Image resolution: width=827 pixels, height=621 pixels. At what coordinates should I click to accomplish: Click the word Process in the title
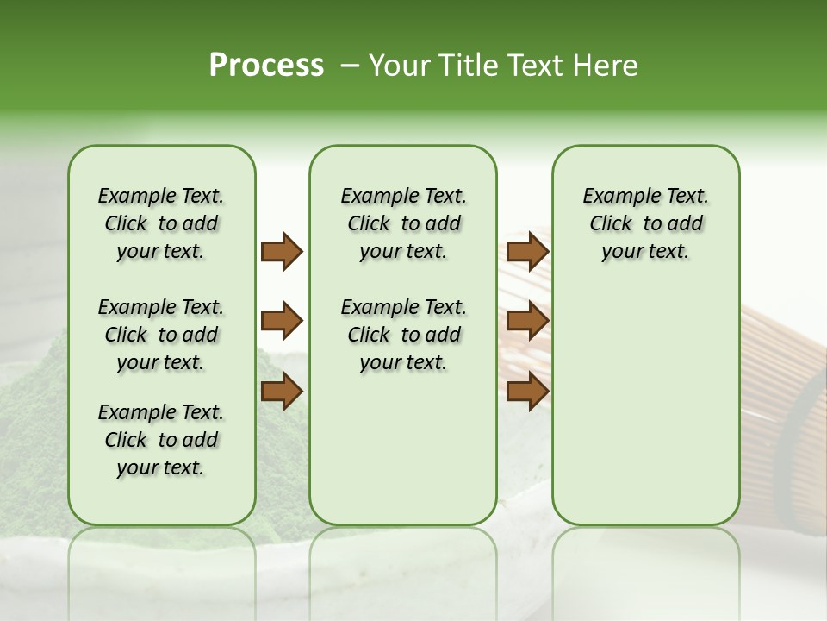(266, 66)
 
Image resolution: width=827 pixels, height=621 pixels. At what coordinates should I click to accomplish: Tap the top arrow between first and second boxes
(282, 252)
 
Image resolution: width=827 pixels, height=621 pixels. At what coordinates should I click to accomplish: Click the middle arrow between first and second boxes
(282, 322)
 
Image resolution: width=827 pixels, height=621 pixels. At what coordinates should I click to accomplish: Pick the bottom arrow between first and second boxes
(282, 392)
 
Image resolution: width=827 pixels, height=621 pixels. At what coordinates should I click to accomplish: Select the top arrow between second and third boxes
(527, 252)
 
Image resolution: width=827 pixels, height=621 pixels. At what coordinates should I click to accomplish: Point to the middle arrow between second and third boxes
(527, 322)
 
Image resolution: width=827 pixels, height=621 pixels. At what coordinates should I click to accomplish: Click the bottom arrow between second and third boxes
(527, 392)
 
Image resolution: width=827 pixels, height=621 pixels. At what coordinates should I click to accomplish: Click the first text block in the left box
(161, 223)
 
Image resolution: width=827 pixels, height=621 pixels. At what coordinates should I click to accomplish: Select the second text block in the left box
(161, 335)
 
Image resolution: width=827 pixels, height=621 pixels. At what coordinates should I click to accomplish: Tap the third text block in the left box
(161, 440)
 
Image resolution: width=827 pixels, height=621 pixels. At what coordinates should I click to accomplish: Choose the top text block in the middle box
(403, 223)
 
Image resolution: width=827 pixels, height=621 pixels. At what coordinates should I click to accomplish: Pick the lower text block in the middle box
(403, 335)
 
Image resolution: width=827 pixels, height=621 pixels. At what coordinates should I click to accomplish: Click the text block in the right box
(645, 223)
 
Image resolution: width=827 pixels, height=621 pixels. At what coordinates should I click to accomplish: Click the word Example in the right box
(615, 196)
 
